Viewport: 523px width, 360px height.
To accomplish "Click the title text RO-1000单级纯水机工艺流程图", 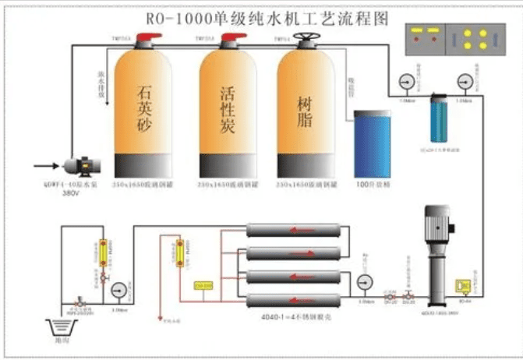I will click(262, 17).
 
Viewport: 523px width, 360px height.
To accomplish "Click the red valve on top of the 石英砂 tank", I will click(143, 40).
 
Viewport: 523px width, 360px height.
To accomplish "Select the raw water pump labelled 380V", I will click(78, 165).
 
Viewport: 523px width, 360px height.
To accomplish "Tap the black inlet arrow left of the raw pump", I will click(45, 165).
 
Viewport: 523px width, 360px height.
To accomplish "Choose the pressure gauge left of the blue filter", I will click(406, 82).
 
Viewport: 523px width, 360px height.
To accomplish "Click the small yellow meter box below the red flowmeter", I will click(203, 286).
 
